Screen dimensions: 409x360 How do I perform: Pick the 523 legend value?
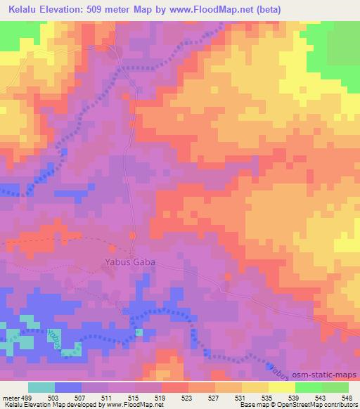(x=188, y=398)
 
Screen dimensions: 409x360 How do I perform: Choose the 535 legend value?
(x=268, y=398)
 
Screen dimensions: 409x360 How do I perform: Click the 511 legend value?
(x=108, y=398)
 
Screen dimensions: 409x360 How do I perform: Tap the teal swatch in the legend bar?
(x=41, y=387)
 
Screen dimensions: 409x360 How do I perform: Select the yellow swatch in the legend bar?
(x=282, y=387)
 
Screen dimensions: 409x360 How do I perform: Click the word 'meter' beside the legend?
(x=10, y=398)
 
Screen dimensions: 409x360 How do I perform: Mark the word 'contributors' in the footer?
(x=338, y=405)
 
